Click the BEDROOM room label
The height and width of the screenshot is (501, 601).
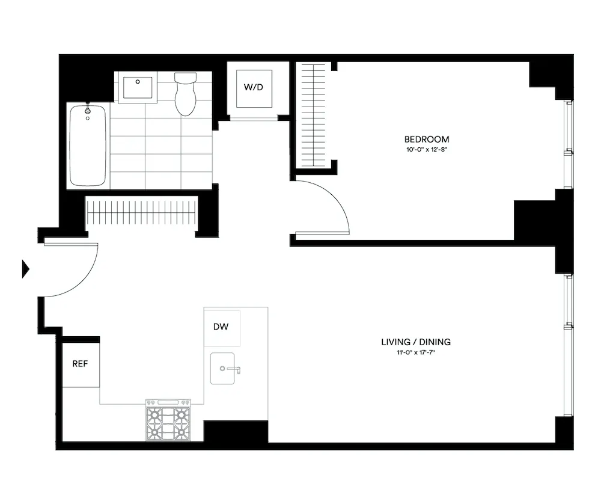[426, 139]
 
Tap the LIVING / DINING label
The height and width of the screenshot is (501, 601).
[416, 342]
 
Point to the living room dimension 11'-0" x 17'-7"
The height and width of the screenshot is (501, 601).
[416, 352]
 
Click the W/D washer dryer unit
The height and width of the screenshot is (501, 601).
[253, 88]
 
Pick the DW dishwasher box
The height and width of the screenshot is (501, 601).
[222, 327]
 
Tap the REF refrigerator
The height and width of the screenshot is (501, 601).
[81, 364]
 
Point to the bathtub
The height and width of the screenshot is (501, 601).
[88, 146]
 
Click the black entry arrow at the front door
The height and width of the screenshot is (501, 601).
[25, 268]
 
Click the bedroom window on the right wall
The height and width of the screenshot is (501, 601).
[568, 145]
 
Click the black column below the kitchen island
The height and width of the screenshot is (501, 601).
[236, 431]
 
